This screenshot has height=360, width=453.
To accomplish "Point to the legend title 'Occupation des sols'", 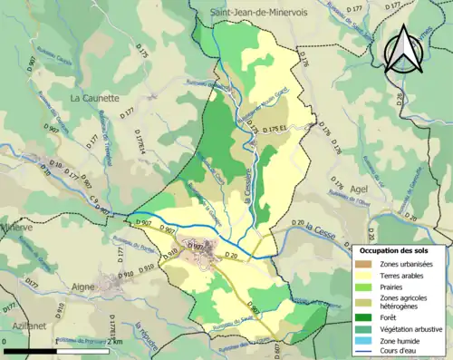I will [x=400, y=248].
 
